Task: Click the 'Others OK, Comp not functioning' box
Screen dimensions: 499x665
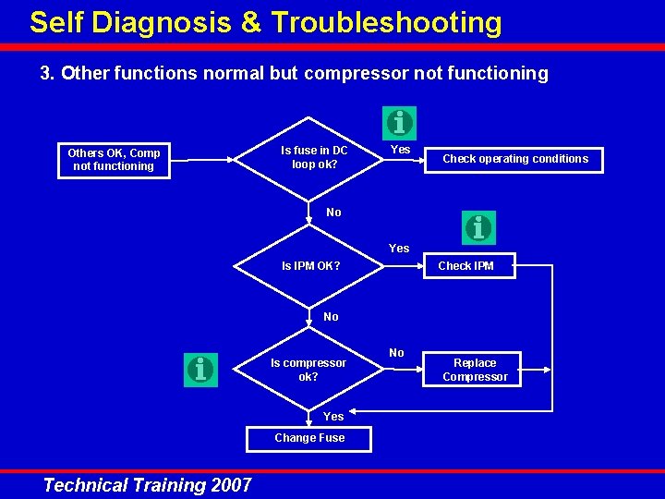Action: pyautogui.click(x=114, y=160)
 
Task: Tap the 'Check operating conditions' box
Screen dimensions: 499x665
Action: pyautogui.click(x=514, y=159)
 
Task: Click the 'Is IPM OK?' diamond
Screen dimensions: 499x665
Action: pyautogui.click(x=310, y=266)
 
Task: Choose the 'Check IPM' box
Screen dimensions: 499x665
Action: pyautogui.click(x=465, y=266)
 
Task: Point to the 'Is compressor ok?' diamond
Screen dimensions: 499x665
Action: pyautogui.click(x=308, y=370)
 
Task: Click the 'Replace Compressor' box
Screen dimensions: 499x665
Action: pyautogui.click(x=475, y=370)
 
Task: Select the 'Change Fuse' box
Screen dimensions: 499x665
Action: pyautogui.click(x=309, y=438)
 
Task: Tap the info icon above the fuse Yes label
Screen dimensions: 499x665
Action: pyautogui.click(x=399, y=122)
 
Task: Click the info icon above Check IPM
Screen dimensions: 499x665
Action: pyautogui.click(x=478, y=227)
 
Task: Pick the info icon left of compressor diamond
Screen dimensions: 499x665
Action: pyautogui.click(x=200, y=370)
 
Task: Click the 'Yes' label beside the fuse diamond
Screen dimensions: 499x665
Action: pyautogui.click(x=401, y=150)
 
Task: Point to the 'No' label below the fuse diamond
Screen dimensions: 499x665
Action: pyautogui.click(x=333, y=213)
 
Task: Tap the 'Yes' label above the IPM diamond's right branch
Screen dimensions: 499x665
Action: pyautogui.click(x=399, y=249)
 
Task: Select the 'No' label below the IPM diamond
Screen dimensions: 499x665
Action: pyautogui.click(x=331, y=317)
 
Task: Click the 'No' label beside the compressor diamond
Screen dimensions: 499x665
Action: pyautogui.click(x=396, y=353)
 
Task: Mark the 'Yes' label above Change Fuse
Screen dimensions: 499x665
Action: pyautogui.click(x=333, y=417)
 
